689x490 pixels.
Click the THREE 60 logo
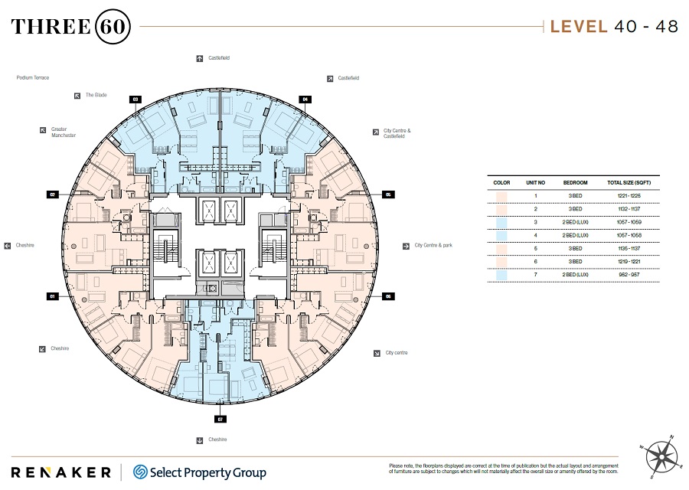tap(71, 27)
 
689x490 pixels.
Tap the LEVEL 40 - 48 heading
tap(614, 27)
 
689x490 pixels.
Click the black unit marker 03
tap(136, 99)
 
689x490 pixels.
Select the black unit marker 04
tap(305, 99)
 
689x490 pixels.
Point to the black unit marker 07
tap(220, 419)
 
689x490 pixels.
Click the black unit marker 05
tap(388, 194)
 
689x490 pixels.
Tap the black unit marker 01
tap(53, 296)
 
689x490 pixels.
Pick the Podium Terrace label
tap(32, 77)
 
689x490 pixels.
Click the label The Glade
tap(96, 95)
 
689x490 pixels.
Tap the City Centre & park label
tap(433, 246)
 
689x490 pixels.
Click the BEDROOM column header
tap(575, 183)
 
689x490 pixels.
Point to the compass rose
tap(661, 456)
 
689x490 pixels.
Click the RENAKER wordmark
tap(60, 472)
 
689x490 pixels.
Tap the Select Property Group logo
tap(199, 472)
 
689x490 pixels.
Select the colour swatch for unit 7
tap(501, 274)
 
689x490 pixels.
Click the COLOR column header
tap(501, 183)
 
